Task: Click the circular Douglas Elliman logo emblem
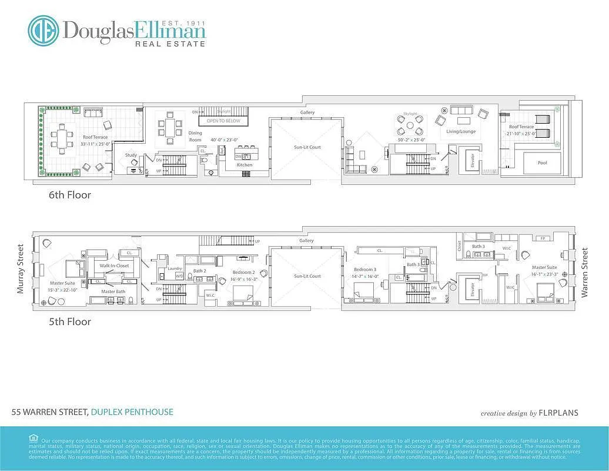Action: [43, 31]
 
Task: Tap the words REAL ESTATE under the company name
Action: [170, 44]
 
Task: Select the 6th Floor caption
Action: [70, 194]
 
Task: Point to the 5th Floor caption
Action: [70, 321]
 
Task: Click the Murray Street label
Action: [21, 269]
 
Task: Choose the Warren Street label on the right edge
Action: [584, 273]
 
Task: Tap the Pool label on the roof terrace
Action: [542, 163]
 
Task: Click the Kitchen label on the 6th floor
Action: [245, 165]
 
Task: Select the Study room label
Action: [130, 155]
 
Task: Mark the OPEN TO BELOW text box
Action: [223, 121]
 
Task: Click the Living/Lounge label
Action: [460, 131]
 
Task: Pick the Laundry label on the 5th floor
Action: [175, 268]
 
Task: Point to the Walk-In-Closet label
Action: [114, 266]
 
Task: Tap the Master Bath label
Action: [113, 291]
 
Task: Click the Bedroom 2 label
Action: [243, 273]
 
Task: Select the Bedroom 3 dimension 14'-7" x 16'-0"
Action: [364, 276]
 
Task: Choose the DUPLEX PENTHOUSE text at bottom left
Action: [132, 412]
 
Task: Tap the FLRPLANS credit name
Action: [559, 413]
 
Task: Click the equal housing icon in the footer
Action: [33, 438]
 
